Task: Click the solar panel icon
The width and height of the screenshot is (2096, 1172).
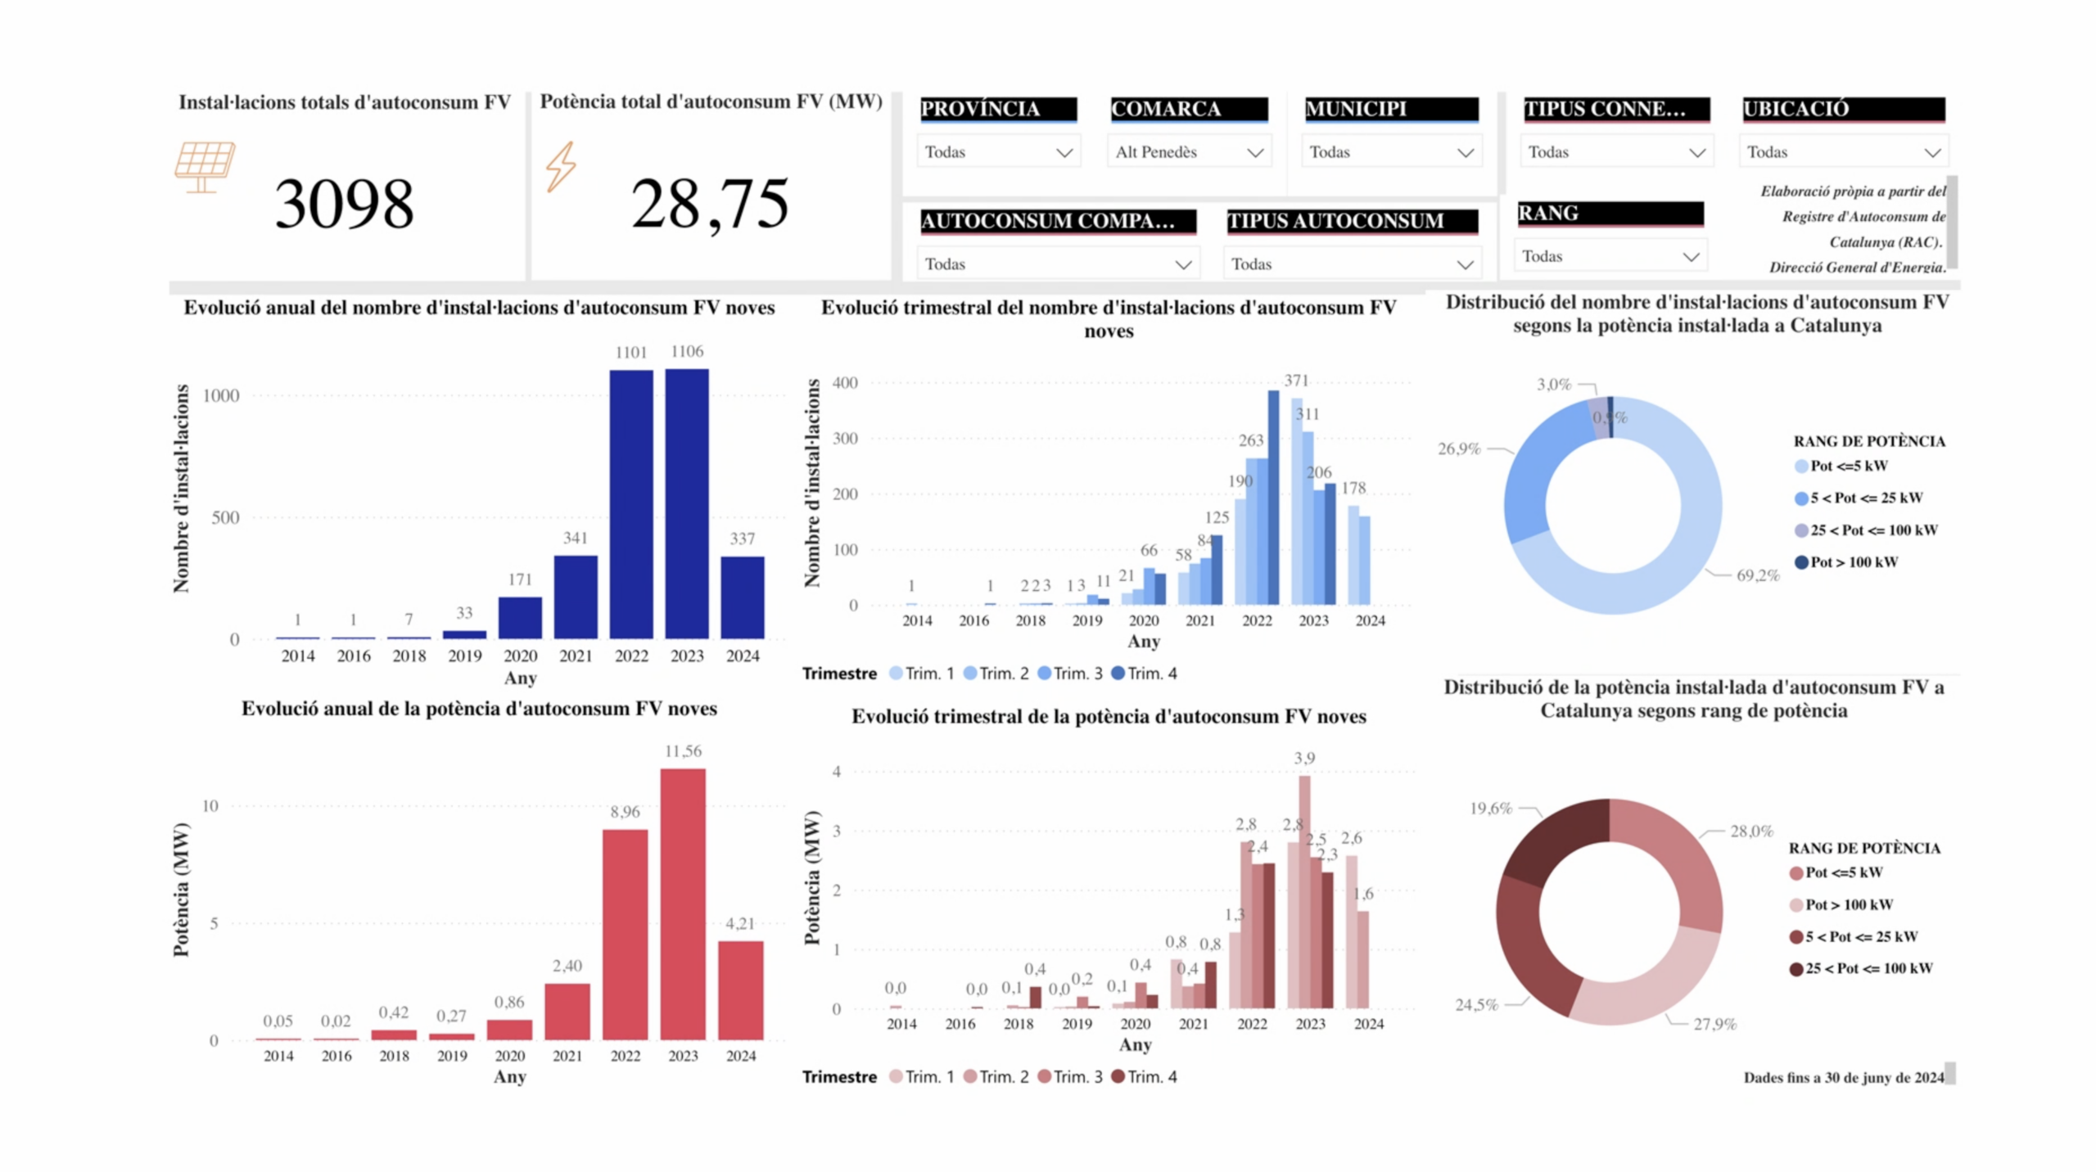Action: pos(205,166)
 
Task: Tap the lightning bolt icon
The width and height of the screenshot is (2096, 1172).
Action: pos(561,166)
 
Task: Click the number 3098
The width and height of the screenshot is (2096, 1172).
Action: pos(344,204)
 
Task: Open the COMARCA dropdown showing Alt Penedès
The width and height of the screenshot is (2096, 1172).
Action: pos(1189,152)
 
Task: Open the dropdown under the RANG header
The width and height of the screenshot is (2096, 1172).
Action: pos(1610,256)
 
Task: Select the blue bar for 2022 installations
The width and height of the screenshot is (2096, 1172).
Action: pos(631,503)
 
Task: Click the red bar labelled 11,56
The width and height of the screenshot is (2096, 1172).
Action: pos(683,904)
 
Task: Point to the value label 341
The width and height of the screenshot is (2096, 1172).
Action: pos(575,538)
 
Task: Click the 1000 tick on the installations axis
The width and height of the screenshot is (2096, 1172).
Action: pos(221,396)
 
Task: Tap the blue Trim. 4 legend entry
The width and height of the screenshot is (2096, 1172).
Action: pos(1144,674)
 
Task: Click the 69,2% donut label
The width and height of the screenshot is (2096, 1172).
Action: pos(1758,575)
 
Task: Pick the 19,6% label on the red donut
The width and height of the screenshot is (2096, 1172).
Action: pos(1490,809)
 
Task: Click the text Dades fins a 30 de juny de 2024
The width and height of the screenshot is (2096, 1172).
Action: pos(1843,1078)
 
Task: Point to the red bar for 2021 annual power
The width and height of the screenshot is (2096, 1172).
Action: pos(567,1012)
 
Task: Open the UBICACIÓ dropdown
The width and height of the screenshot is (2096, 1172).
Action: pos(1843,152)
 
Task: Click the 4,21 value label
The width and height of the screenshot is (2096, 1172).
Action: pos(740,923)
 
